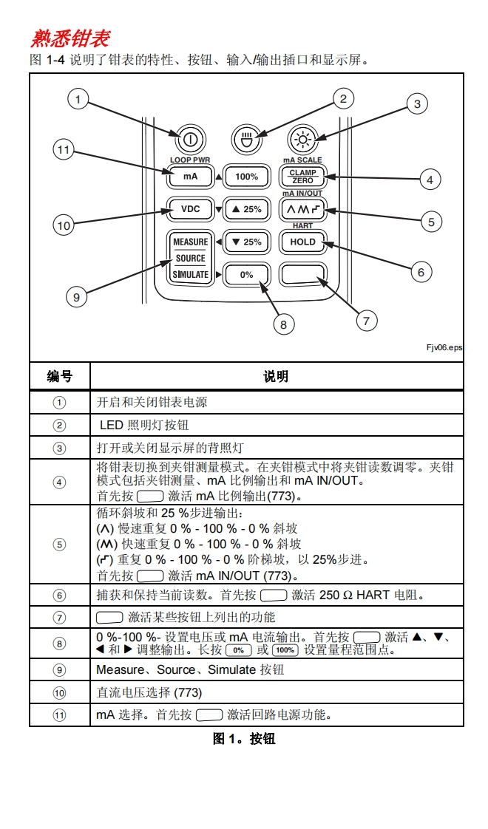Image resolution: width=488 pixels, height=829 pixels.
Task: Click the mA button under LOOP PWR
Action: [x=190, y=177]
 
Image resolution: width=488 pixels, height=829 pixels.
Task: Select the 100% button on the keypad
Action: [x=246, y=177]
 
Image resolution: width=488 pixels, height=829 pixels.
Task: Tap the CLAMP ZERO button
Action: [x=303, y=177]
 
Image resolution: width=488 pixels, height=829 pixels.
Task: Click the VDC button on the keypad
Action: [x=190, y=209]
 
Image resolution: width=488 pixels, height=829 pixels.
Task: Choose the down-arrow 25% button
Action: [x=246, y=242]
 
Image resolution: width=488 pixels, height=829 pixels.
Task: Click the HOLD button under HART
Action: [x=303, y=242]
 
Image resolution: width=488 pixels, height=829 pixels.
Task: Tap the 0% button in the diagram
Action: [x=246, y=274]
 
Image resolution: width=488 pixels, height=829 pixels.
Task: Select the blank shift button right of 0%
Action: [x=303, y=274]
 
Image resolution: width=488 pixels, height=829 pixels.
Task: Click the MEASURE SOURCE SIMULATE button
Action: [x=190, y=258]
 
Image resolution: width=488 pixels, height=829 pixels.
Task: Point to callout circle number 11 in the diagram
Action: [x=63, y=151]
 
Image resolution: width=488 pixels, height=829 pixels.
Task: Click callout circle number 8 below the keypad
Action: [x=282, y=324]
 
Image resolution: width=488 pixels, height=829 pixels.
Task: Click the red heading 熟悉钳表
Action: [x=70, y=38]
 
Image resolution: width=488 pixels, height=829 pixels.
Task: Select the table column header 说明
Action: [x=276, y=376]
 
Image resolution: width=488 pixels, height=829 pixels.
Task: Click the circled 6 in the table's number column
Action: [x=60, y=596]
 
